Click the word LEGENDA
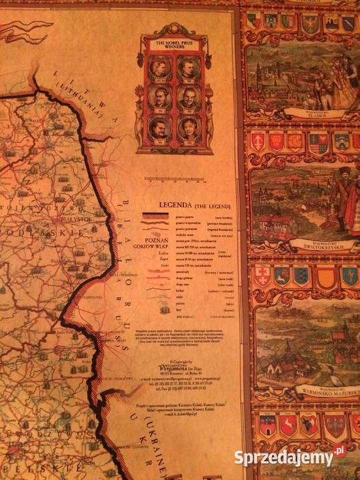tap(175, 205)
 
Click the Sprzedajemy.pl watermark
tap(291, 457)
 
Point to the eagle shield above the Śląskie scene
tap(309, 25)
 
